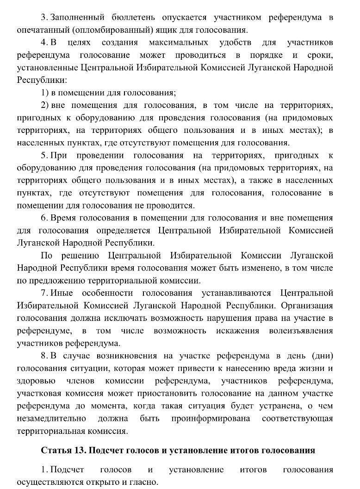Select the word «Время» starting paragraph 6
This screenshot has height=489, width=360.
(x=67, y=218)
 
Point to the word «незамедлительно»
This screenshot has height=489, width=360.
(x=51, y=418)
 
